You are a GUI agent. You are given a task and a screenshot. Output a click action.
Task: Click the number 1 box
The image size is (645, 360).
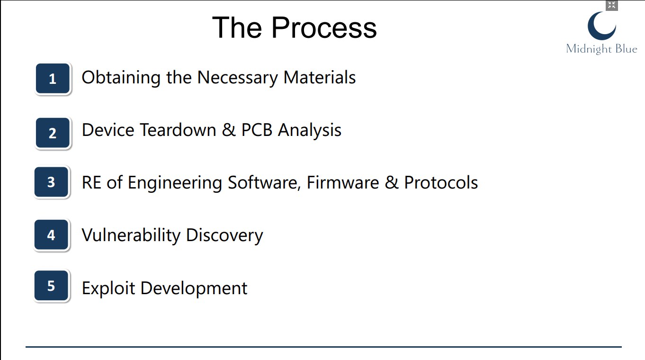(53, 78)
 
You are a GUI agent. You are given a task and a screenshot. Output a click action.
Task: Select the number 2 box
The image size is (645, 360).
(53, 133)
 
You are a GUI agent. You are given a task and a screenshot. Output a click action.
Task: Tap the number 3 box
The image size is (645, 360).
(51, 182)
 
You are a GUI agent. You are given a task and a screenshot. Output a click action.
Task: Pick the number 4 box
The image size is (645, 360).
(51, 235)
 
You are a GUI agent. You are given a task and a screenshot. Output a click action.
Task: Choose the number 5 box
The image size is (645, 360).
(51, 286)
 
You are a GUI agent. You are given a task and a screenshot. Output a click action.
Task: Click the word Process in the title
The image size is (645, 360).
(324, 27)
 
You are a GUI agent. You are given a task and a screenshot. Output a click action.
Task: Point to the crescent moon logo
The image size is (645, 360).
(602, 26)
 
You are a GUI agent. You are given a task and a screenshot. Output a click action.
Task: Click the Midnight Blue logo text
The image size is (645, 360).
(601, 49)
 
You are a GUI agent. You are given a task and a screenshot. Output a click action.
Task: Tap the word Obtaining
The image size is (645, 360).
(121, 78)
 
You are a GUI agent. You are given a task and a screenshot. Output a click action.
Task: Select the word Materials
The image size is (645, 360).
(320, 77)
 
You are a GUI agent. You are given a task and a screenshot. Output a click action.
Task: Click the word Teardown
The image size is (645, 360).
(178, 130)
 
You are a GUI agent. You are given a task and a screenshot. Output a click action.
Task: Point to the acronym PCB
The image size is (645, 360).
(257, 130)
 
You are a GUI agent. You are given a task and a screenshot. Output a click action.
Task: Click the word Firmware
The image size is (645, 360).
(343, 182)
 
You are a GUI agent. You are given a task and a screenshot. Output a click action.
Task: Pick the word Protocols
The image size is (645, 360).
(441, 182)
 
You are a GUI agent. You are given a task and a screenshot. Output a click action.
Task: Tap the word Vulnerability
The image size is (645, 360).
(131, 235)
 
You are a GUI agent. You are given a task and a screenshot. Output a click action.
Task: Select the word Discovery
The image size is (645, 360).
(224, 235)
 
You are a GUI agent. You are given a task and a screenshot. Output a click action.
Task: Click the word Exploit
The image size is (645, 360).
(108, 288)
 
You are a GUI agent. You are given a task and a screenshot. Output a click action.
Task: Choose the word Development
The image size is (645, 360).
(194, 288)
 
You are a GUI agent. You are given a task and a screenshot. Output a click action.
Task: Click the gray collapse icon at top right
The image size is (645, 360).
(611, 5)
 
